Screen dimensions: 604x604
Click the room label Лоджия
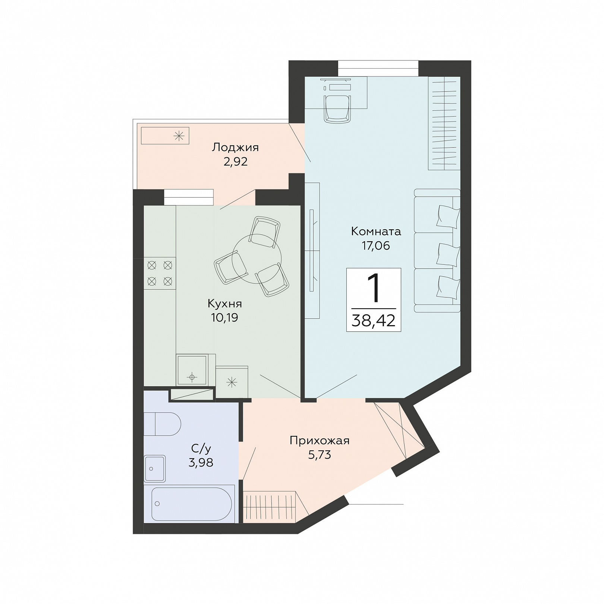tap(235, 148)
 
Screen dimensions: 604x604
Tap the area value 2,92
tap(236, 162)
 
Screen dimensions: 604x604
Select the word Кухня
tap(225, 304)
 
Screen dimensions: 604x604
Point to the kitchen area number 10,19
tap(224, 318)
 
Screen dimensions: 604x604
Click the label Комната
tap(376, 232)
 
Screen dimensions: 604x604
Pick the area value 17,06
tap(376, 246)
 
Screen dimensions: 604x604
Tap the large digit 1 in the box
tap(373, 288)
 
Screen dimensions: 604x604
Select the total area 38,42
tap(373, 321)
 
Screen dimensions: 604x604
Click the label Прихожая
tap(320, 441)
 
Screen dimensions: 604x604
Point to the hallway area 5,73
tap(320, 455)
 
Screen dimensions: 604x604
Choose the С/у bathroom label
tap(201, 449)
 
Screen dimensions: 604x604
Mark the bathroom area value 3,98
tap(201, 463)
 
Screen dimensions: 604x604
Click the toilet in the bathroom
tap(162, 424)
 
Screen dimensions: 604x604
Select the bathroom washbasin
tap(155, 469)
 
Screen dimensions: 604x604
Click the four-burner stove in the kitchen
tap(160, 273)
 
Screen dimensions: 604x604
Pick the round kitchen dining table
tap(257, 259)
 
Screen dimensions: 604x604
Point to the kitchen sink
tap(192, 370)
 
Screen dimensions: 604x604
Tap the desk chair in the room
tap(337, 108)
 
